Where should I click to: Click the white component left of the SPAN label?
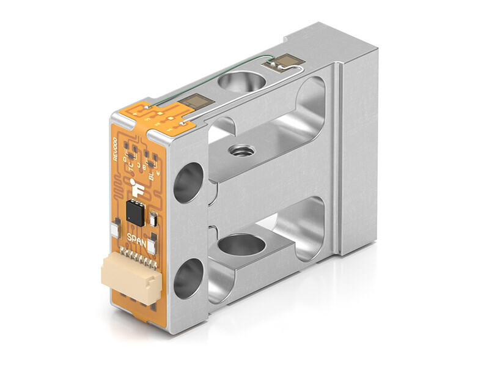click(114, 231)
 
